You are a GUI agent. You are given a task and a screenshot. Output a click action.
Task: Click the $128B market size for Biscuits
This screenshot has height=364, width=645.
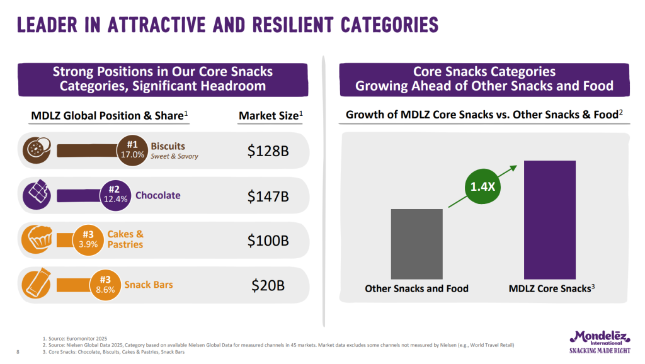click(268, 151)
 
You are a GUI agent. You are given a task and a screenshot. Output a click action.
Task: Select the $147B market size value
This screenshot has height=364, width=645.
click(268, 196)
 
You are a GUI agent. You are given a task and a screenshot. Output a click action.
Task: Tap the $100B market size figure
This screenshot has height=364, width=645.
click(268, 241)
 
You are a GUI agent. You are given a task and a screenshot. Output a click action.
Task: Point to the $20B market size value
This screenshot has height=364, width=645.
click(268, 285)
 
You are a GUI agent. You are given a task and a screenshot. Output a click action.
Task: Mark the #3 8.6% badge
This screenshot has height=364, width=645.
click(105, 285)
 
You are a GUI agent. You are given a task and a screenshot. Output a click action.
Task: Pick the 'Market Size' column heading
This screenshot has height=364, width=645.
click(271, 116)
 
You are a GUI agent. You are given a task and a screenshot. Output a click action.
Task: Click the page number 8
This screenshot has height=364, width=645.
click(16, 352)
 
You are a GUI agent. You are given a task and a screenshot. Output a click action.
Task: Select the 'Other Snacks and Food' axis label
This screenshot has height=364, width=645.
click(416, 289)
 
